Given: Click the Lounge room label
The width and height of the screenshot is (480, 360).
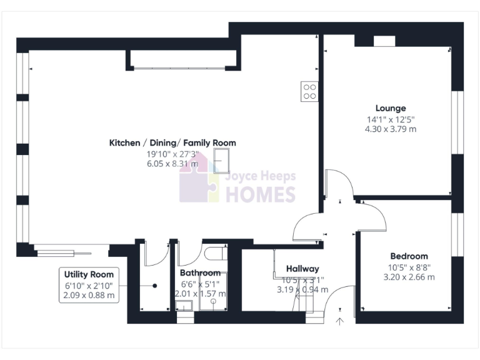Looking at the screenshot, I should pyautogui.click(x=391, y=108).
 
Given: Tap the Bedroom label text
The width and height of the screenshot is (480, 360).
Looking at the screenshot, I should pyautogui.click(x=409, y=256).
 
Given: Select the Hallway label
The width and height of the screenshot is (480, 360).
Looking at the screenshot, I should pyautogui.click(x=302, y=269).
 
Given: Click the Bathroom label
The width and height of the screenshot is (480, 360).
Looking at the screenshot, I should pyautogui.click(x=200, y=273).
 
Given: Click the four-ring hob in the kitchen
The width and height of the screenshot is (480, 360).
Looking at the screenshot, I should pyautogui.click(x=309, y=92).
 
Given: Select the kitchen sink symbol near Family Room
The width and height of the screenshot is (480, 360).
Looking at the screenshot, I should pyautogui.click(x=222, y=160).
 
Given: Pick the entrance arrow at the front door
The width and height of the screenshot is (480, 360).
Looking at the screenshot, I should pyautogui.click(x=340, y=321).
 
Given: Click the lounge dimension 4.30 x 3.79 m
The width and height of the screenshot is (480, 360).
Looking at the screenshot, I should pyautogui.click(x=391, y=129).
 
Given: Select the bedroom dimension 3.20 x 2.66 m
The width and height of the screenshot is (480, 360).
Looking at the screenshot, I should pyautogui.click(x=409, y=277).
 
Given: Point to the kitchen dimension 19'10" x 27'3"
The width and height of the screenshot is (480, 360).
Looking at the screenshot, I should pyautogui.click(x=172, y=154).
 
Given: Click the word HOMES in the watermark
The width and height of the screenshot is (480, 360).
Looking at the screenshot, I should pyautogui.click(x=260, y=194).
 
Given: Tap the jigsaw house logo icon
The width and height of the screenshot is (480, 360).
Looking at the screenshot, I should pyautogui.click(x=199, y=183).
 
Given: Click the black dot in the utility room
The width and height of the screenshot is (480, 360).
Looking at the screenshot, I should pyautogui.click(x=154, y=285).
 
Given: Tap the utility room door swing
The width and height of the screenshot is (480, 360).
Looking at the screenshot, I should pyautogui.click(x=156, y=254).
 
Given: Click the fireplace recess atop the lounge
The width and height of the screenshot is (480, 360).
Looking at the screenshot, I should pyautogui.click(x=384, y=41).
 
